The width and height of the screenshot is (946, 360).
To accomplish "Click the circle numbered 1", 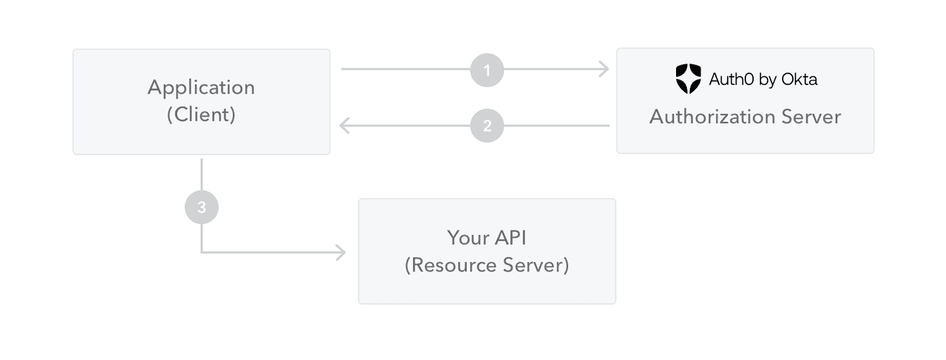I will click(x=487, y=69).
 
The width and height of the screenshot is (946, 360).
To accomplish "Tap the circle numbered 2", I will click(x=487, y=125).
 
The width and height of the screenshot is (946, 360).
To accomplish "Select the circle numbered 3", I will click(x=201, y=207).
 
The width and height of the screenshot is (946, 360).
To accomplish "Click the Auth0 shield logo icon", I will click(x=688, y=79).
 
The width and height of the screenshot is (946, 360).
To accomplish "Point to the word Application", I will click(x=201, y=88).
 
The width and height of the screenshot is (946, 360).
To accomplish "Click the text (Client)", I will click(x=201, y=115).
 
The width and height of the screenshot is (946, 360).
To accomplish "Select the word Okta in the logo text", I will click(x=799, y=79).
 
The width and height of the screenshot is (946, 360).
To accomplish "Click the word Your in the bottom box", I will click(x=467, y=238).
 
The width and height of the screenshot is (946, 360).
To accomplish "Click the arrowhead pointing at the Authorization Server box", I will click(x=604, y=69).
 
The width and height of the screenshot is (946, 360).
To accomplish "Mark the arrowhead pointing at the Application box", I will click(x=344, y=125).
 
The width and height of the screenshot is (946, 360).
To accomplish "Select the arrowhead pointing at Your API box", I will click(x=341, y=253).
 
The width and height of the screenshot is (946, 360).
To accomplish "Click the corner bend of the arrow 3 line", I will click(x=202, y=252).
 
